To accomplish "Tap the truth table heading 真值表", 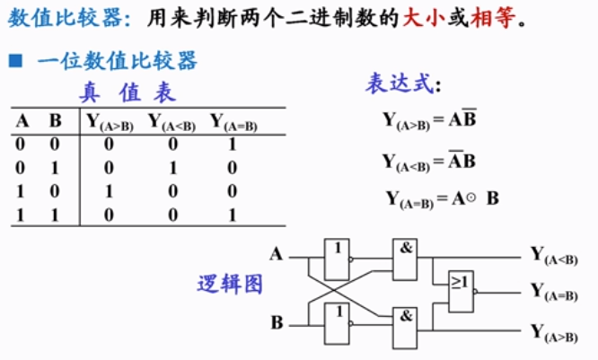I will (129, 92).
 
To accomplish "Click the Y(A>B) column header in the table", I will (110, 122).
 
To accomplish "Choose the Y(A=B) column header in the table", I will (233, 122).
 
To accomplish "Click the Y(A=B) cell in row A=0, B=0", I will (232, 144).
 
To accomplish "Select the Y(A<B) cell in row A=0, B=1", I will (173, 167).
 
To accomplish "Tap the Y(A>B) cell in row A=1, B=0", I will (109, 191).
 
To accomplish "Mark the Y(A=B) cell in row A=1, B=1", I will (232, 215).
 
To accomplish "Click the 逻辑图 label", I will (230, 284).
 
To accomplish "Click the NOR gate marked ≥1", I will (462, 291).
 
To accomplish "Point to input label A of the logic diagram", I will (277, 254).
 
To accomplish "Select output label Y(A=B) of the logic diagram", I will (554, 292).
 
